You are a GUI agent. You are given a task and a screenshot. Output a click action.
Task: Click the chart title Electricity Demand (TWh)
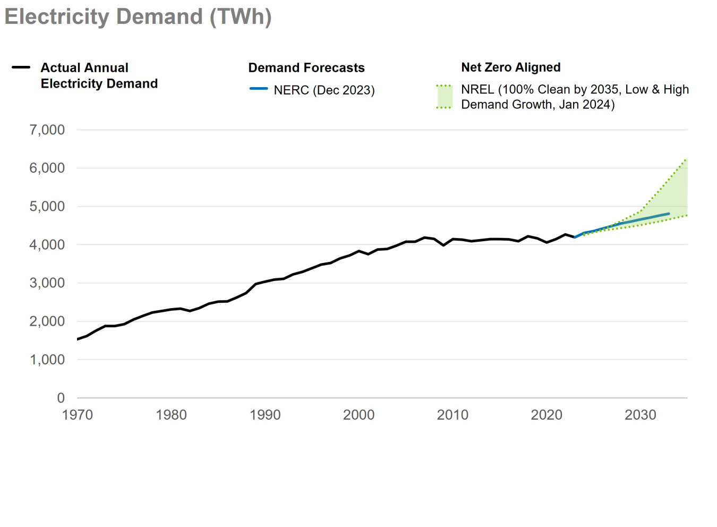tap(138, 17)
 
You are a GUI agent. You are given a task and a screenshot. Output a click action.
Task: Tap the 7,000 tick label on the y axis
tap(47, 130)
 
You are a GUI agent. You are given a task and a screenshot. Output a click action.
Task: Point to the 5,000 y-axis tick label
tap(47, 207)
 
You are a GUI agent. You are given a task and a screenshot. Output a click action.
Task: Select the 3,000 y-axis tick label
tap(47, 283)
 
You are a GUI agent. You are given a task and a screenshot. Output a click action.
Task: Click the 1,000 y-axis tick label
tap(47, 360)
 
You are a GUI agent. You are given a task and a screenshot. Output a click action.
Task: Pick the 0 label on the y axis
tap(61, 398)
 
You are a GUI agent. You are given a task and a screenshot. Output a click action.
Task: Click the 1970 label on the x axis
tap(78, 415)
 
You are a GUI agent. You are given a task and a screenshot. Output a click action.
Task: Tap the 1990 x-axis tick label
tap(265, 415)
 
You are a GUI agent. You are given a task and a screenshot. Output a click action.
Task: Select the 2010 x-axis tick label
tap(453, 415)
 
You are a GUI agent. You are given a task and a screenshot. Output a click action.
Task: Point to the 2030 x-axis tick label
tap(640, 415)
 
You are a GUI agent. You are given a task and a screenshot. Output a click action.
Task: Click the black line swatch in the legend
tap(21, 67)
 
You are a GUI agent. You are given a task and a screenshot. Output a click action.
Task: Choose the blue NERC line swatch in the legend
tap(259, 89)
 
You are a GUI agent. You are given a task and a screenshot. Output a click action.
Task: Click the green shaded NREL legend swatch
tap(444, 97)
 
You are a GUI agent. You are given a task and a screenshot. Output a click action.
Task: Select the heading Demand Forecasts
tap(306, 68)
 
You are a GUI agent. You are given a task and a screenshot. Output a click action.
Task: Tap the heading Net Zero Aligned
tap(510, 67)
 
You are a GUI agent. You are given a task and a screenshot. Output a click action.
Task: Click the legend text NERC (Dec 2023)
tap(324, 90)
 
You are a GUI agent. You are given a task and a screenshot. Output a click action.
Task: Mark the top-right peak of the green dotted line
tap(687, 158)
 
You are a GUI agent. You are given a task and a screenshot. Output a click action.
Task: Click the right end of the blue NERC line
tap(669, 214)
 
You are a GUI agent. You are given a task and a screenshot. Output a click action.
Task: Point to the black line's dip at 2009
tap(443, 245)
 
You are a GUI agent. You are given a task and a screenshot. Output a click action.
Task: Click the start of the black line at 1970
tap(78, 339)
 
